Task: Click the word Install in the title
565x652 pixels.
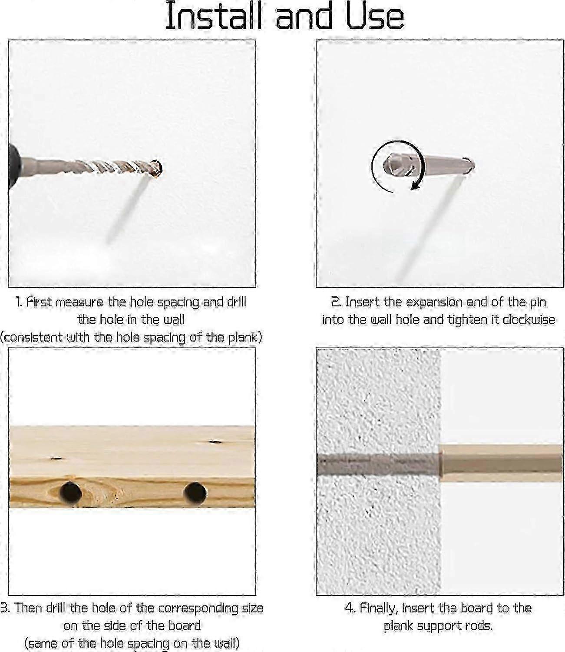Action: pyautogui.click(x=214, y=16)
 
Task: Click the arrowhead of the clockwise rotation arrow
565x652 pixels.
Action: pyautogui.click(x=415, y=185)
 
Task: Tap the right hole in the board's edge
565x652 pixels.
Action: pyautogui.click(x=195, y=493)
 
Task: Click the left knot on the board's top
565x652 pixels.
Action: pyautogui.click(x=56, y=459)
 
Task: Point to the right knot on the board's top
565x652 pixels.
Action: pyautogui.click(x=215, y=442)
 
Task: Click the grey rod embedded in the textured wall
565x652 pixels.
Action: pyautogui.click(x=379, y=464)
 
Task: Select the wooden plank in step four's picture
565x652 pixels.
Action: pyautogui.click(x=501, y=463)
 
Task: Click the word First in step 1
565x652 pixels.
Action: pyautogui.click(x=39, y=302)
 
